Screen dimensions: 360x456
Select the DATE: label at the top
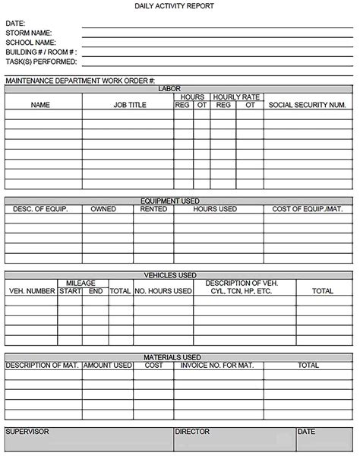click(15, 24)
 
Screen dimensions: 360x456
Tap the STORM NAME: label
click(29, 33)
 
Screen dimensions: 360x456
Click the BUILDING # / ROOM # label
click(40, 52)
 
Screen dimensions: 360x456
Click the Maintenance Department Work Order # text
click(81, 80)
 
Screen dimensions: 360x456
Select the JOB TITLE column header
click(130, 106)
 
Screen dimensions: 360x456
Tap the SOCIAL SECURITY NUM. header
click(308, 106)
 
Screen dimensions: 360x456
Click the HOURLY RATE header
click(237, 97)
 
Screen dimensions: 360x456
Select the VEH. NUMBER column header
click(32, 291)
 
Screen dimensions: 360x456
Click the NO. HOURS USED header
click(163, 291)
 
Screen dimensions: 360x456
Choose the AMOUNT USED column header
click(108, 366)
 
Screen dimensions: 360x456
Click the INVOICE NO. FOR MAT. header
click(216, 366)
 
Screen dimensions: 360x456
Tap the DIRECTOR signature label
click(192, 432)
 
